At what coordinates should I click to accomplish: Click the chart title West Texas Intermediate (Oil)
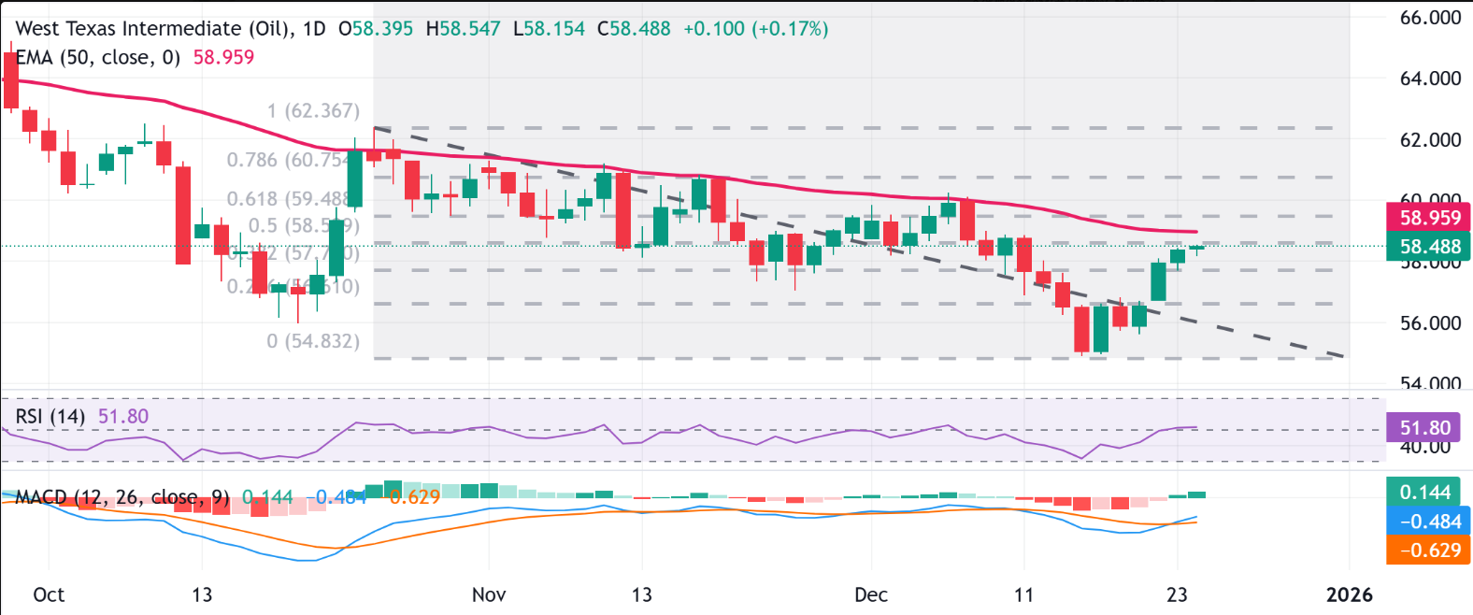coord(155,29)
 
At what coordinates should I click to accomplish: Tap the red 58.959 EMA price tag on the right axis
coord(1429,218)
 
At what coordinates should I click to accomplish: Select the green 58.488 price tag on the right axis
coord(1429,247)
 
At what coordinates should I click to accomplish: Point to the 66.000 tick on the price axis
coord(1430,18)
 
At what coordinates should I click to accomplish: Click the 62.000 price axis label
coord(1430,140)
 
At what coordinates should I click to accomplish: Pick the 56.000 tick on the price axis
coord(1430,323)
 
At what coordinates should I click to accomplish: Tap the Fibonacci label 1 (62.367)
coord(312,111)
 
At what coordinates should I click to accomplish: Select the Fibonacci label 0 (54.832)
coord(312,341)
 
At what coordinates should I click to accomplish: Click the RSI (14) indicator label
coord(50,416)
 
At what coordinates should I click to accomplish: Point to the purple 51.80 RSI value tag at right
coord(1424,428)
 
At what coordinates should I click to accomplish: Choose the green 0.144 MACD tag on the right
coord(1424,493)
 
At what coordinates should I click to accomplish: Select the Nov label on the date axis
coord(489,594)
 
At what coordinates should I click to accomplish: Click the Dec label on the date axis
coord(871,594)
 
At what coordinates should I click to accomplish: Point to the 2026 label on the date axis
coord(1350,594)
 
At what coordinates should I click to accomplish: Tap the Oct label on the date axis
coord(49,594)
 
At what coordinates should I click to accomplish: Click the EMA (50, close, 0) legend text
coord(98,57)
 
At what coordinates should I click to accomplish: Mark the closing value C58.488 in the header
coord(634,29)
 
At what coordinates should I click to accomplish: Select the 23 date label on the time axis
coord(1177,594)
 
